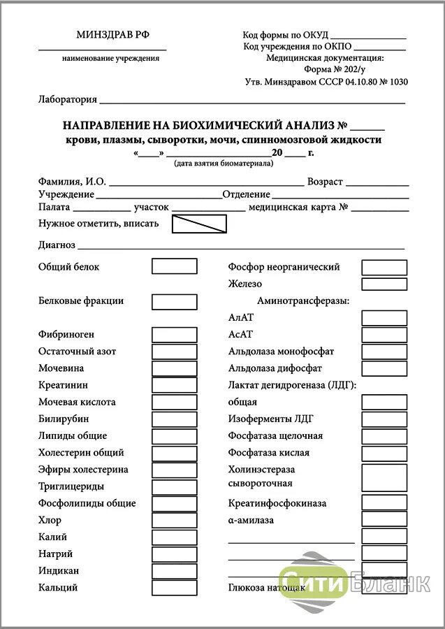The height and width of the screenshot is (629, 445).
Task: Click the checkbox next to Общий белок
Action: [175, 266]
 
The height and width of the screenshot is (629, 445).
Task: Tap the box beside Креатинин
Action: [175, 385]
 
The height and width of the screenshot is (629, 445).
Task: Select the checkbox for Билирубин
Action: [175, 419]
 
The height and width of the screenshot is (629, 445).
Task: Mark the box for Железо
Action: [384, 284]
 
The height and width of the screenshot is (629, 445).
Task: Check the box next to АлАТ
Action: [384, 317]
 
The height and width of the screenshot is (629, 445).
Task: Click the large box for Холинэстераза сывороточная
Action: [384, 477]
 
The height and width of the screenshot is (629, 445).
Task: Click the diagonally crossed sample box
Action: [199, 224]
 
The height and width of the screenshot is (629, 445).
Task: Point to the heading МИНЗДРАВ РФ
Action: [112, 35]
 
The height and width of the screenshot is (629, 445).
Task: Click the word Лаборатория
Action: [67, 99]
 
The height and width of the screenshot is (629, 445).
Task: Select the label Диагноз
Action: [57, 245]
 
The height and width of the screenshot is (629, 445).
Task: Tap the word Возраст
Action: [325, 182]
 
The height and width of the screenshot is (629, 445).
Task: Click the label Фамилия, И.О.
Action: [72, 182]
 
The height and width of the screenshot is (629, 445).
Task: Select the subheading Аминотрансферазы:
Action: [303, 301]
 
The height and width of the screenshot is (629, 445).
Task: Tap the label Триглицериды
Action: [71, 486]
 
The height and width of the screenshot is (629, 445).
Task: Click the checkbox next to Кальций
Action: [175, 588]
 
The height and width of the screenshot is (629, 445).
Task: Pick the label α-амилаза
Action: [251, 520]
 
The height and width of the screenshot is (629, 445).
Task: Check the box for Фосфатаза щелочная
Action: [384, 435]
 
